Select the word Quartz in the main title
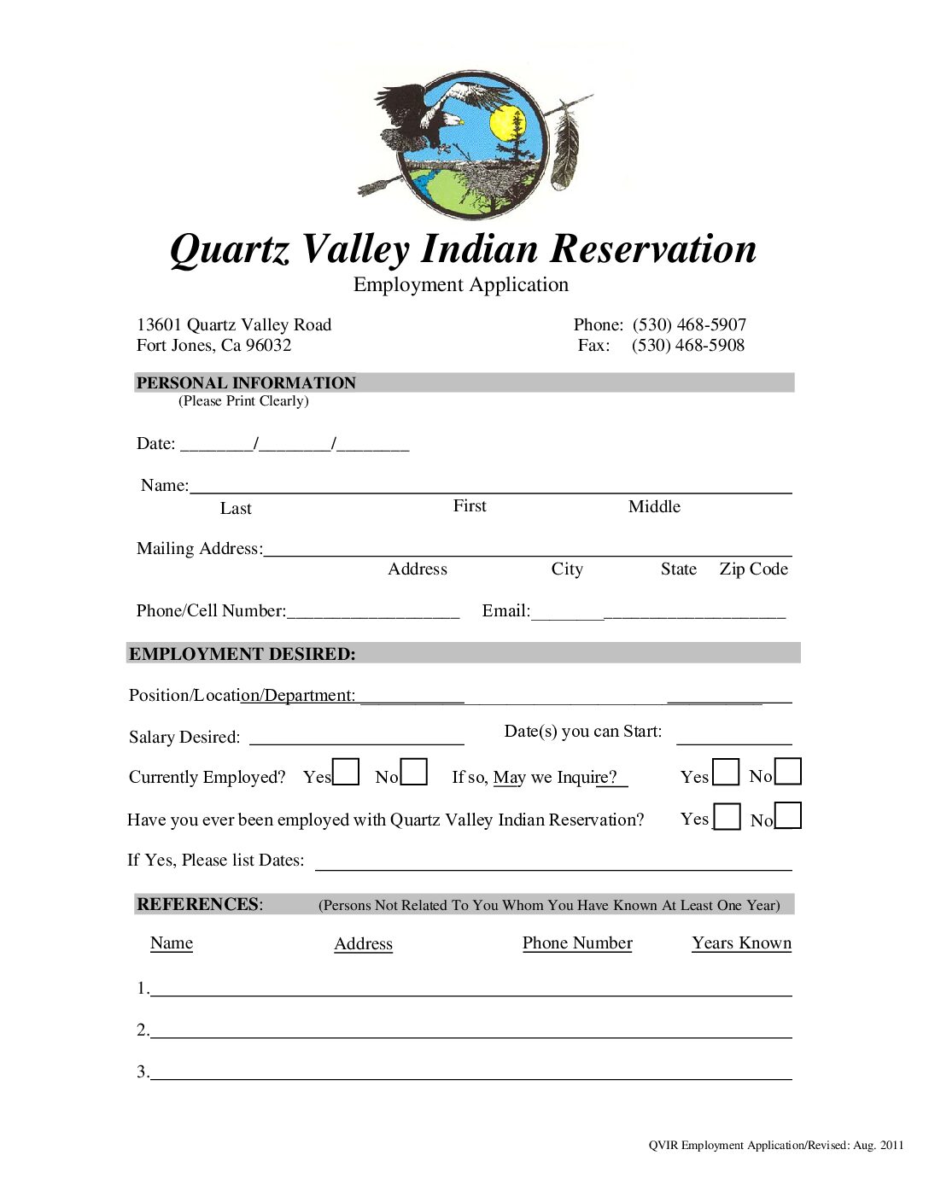[x=230, y=250]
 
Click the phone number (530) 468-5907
[x=689, y=324]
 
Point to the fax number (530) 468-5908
[x=688, y=345]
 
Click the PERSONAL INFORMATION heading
[x=246, y=382]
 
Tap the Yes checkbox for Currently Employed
[x=346, y=772]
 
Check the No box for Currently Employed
[x=414, y=772]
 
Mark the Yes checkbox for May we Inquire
[x=726, y=772]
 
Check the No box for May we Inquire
[x=788, y=771]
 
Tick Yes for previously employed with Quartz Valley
[x=727, y=816]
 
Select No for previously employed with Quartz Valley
[x=788, y=815]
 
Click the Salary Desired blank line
[x=356, y=738]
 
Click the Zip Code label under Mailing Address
[x=753, y=569]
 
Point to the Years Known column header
[x=741, y=942]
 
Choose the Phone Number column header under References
[x=577, y=942]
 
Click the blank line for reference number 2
[x=470, y=1031]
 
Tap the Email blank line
[x=657, y=611]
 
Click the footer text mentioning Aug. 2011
[x=775, y=1145]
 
